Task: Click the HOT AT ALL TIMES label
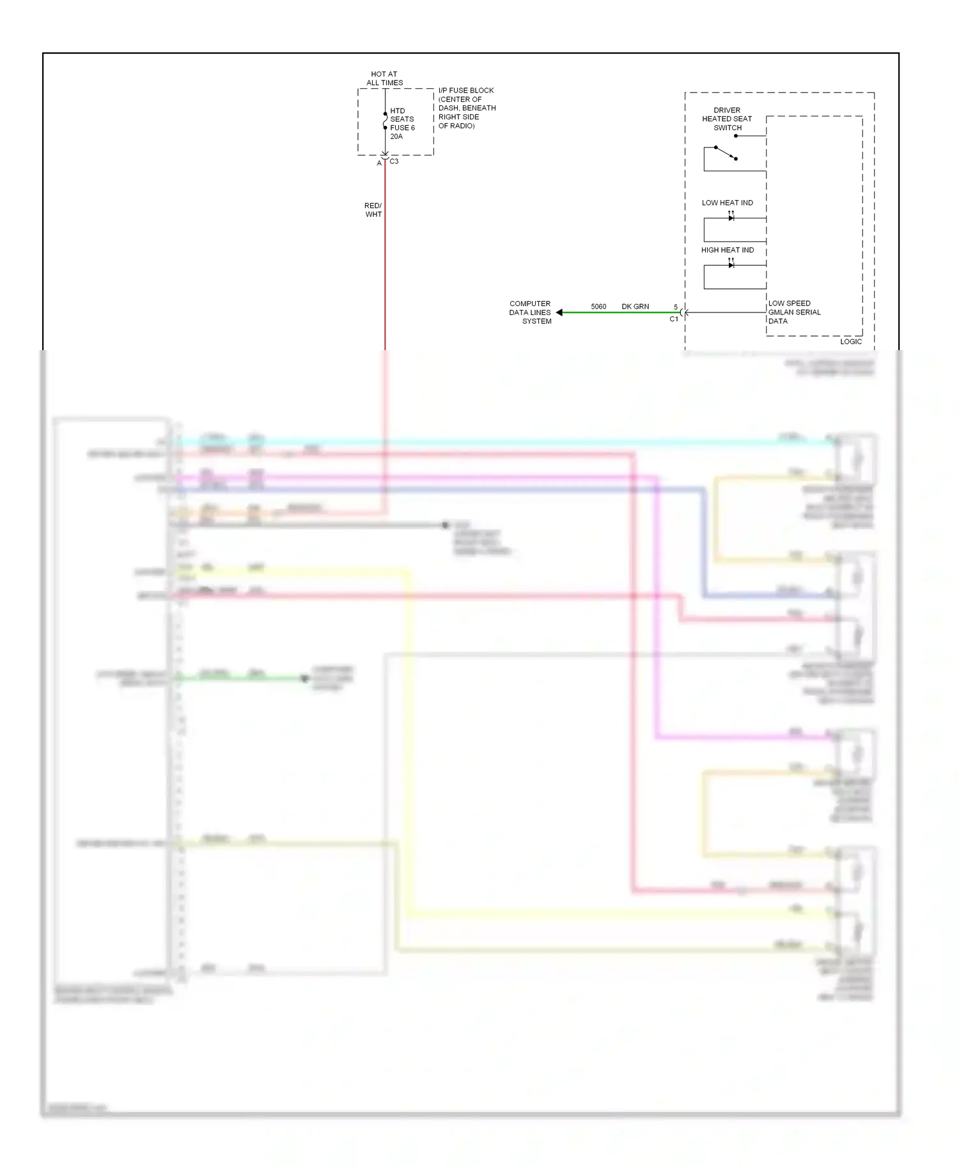tap(384, 79)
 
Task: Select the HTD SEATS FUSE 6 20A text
tap(402, 123)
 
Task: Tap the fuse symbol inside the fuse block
tap(385, 121)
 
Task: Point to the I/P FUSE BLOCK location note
tap(467, 108)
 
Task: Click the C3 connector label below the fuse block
tap(394, 162)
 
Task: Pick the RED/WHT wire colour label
tap(373, 210)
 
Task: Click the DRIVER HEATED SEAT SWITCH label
tap(727, 119)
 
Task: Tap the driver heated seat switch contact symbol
tap(726, 153)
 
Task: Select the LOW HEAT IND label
tap(727, 203)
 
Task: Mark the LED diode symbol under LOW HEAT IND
tap(731, 217)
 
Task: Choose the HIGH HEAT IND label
tap(727, 250)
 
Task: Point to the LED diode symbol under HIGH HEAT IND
tap(731, 265)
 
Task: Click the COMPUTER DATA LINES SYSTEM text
tap(530, 312)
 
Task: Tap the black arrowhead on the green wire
tap(559, 312)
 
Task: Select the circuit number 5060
tap(598, 307)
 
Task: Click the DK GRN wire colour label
tap(635, 307)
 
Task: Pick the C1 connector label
tap(674, 319)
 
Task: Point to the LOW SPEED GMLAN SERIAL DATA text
tap(794, 312)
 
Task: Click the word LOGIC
tap(850, 342)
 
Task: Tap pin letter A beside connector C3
tap(379, 164)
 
